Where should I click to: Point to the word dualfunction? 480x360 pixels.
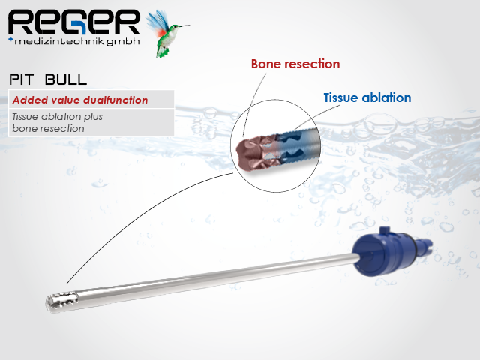click(x=116, y=100)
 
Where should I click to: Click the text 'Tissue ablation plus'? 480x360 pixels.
click(x=57, y=117)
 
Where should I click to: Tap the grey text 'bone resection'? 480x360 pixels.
click(x=48, y=128)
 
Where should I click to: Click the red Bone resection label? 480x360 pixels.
click(x=295, y=64)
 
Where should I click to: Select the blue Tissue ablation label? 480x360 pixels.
click(x=367, y=97)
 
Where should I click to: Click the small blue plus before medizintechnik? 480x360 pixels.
click(x=9, y=38)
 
